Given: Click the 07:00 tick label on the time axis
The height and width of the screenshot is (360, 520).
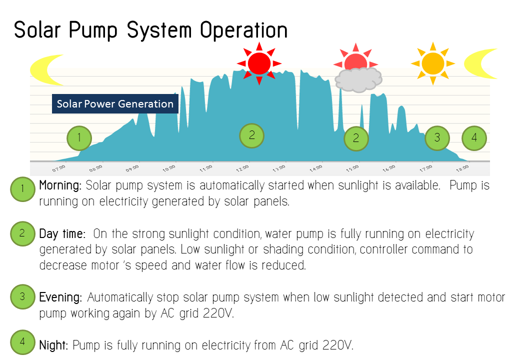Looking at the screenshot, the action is click(58, 168).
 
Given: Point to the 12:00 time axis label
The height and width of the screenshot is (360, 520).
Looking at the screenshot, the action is click(242, 168).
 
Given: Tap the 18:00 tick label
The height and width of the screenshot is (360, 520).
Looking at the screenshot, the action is click(462, 168).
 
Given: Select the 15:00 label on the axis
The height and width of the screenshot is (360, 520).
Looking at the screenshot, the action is click(352, 168).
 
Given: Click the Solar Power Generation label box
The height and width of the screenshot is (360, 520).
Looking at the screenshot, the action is click(115, 104).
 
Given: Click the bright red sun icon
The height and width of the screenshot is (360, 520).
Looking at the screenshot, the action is click(259, 63).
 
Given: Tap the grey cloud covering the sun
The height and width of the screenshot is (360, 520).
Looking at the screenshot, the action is click(358, 79).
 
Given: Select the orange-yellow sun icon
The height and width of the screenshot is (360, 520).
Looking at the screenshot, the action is click(433, 63).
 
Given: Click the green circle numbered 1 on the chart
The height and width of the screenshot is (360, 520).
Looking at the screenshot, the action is click(79, 138).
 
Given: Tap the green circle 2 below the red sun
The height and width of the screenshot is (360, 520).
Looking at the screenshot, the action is click(251, 135).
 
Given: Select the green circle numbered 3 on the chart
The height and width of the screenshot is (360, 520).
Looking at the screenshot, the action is click(437, 138).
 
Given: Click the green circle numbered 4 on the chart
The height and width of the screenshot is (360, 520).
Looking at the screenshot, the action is click(474, 138).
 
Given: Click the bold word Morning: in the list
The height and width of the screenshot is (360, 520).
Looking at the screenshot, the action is click(60, 185).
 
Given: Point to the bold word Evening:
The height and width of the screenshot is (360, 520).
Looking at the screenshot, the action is click(60, 297).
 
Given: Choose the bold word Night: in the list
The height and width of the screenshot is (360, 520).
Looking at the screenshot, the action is click(53, 345).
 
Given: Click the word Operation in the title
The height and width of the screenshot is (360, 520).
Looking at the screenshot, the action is click(244, 30).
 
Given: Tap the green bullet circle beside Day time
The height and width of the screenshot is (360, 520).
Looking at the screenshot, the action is click(22, 233).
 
